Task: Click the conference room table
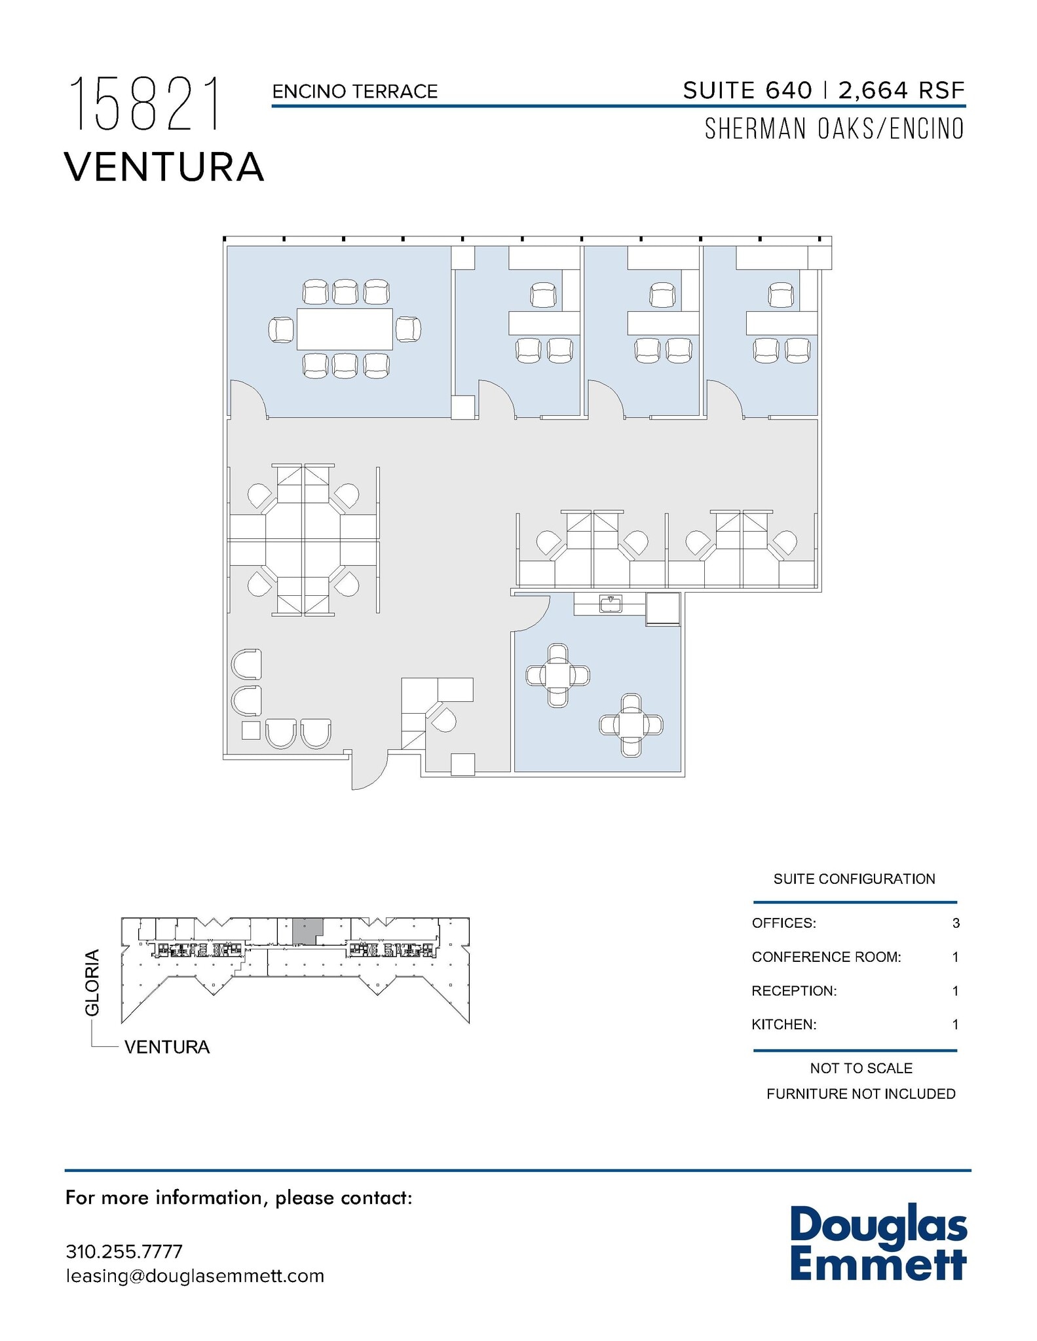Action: tap(345, 329)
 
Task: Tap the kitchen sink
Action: tap(611, 603)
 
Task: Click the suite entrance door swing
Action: tap(369, 773)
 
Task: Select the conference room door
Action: tap(248, 399)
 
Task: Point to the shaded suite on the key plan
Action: tap(306, 930)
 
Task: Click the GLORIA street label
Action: tap(93, 982)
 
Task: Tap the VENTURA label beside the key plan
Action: tap(167, 1047)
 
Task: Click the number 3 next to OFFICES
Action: tap(956, 923)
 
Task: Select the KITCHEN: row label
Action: tap(784, 1025)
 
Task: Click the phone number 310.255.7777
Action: tap(124, 1251)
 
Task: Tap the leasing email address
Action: tap(195, 1276)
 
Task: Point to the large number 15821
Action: tap(146, 104)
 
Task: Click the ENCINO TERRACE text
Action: tap(354, 92)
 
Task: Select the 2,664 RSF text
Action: tap(901, 90)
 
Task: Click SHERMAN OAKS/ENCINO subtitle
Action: tap(834, 129)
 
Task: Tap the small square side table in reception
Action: tap(251, 729)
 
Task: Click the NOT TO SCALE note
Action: tap(861, 1068)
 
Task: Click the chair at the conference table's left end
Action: tap(281, 329)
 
